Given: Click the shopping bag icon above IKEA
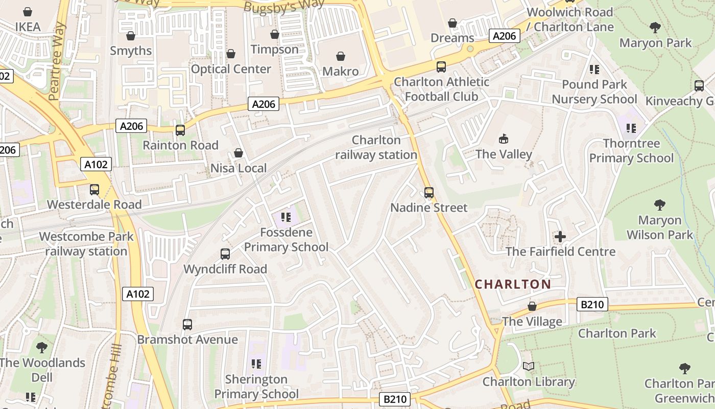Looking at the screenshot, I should click(x=28, y=11).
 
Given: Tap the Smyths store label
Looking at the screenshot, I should click(x=131, y=51).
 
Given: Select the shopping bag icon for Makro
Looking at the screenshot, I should click(x=341, y=56).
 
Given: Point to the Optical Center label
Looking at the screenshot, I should click(x=231, y=69).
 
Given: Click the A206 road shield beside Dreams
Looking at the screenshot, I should click(x=504, y=36).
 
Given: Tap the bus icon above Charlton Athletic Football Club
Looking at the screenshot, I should click(x=441, y=67).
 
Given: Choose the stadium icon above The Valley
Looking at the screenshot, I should click(x=504, y=139).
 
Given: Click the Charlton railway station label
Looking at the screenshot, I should click(x=376, y=147).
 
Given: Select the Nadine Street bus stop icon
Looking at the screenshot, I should click(x=429, y=193).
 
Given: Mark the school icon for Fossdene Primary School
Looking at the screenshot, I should click(x=286, y=218).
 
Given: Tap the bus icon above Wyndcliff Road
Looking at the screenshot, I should click(x=225, y=254).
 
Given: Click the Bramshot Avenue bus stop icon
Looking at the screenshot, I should click(x=187, y=325).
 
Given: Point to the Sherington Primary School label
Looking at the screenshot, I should click(x=256, y=387).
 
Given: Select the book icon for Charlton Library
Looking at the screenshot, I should click(x=529, y=367).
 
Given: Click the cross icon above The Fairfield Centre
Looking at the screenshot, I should click(x=560, y=237).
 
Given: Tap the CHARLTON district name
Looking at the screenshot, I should click(x=513, y=284).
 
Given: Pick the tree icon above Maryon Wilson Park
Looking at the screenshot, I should click(x=660, y=206).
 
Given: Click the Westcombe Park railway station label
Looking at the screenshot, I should click(x=86, y=244).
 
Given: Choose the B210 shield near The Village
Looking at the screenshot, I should click(x=592, y=305).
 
